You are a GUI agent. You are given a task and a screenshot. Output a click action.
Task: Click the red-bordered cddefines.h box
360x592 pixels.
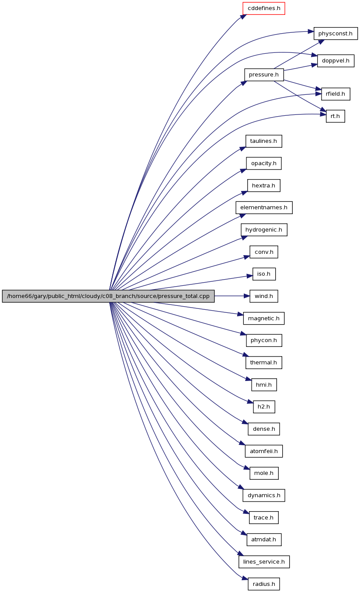[263, 8]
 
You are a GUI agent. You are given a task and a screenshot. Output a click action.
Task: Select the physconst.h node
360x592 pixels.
[336, 34]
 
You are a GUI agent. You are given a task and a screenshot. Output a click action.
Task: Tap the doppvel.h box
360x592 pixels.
[336, 61]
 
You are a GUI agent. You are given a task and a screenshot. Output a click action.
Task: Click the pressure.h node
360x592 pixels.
[264, 75]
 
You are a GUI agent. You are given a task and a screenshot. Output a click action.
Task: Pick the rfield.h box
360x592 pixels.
[336, 94]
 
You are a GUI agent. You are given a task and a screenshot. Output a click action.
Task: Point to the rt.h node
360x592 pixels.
[335, 116]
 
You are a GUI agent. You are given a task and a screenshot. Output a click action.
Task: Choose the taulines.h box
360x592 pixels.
[263, 141]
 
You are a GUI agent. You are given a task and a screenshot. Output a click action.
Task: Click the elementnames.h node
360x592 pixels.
[264, 208]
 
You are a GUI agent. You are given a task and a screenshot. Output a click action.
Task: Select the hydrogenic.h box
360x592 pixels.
[264, 230]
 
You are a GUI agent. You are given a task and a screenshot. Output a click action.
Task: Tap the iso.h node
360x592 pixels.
[264, 274]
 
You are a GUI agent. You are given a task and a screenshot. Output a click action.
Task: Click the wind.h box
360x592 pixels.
[264, 296]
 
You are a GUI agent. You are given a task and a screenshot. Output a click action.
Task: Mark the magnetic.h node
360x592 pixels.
[264, 319]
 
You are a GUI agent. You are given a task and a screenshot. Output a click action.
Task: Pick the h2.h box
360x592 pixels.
[264, 407]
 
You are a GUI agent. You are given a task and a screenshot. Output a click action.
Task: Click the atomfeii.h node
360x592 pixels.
[264, 451]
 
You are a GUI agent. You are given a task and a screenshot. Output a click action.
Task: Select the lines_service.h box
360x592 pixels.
[264, 562]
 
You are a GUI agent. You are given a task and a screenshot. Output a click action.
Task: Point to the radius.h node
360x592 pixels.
[264, 584]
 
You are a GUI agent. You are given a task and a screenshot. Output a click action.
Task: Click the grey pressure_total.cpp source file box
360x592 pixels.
[108, 296]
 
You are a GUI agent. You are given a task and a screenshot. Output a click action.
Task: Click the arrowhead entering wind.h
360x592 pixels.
[246, 296]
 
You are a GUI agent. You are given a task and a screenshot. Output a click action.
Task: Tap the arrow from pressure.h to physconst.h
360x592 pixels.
[299, 54]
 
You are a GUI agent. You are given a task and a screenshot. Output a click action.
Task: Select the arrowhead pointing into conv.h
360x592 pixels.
[246, 256]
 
